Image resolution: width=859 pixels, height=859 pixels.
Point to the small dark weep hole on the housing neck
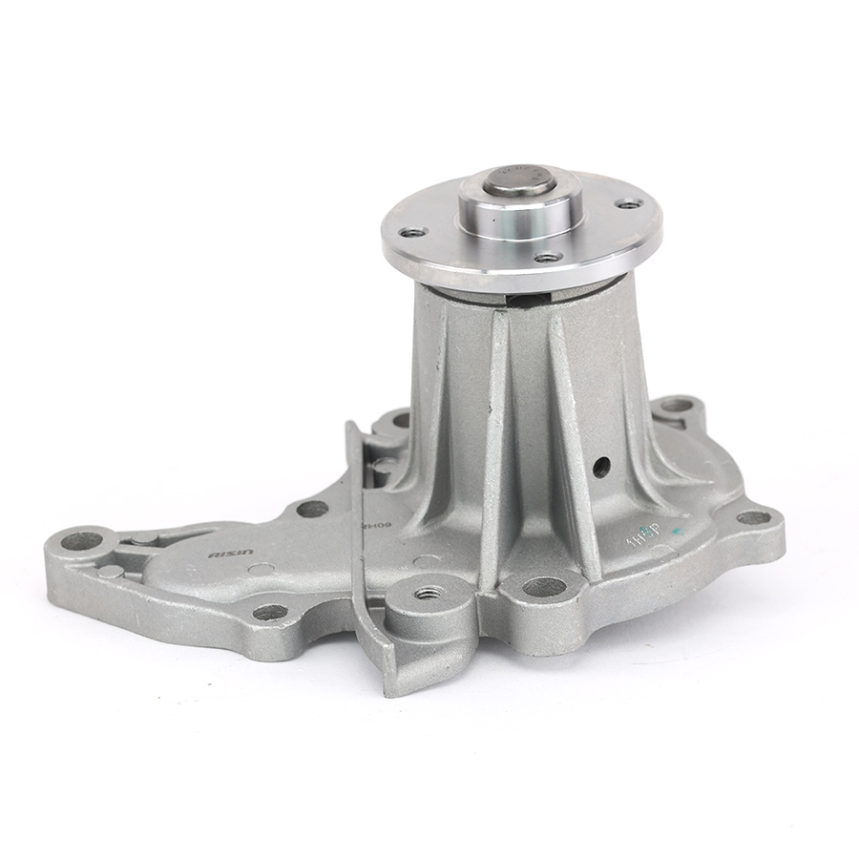tap(601, 467)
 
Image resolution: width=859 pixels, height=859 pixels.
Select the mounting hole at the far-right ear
tap(753, 518)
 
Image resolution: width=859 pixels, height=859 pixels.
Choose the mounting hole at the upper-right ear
tap(676, 406)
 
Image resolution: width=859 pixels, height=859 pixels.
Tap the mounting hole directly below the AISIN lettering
tap(270, 612)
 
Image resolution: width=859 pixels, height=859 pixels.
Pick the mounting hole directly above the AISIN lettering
tap(312, 509)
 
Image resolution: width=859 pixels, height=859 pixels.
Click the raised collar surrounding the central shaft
tap(520, 209)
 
